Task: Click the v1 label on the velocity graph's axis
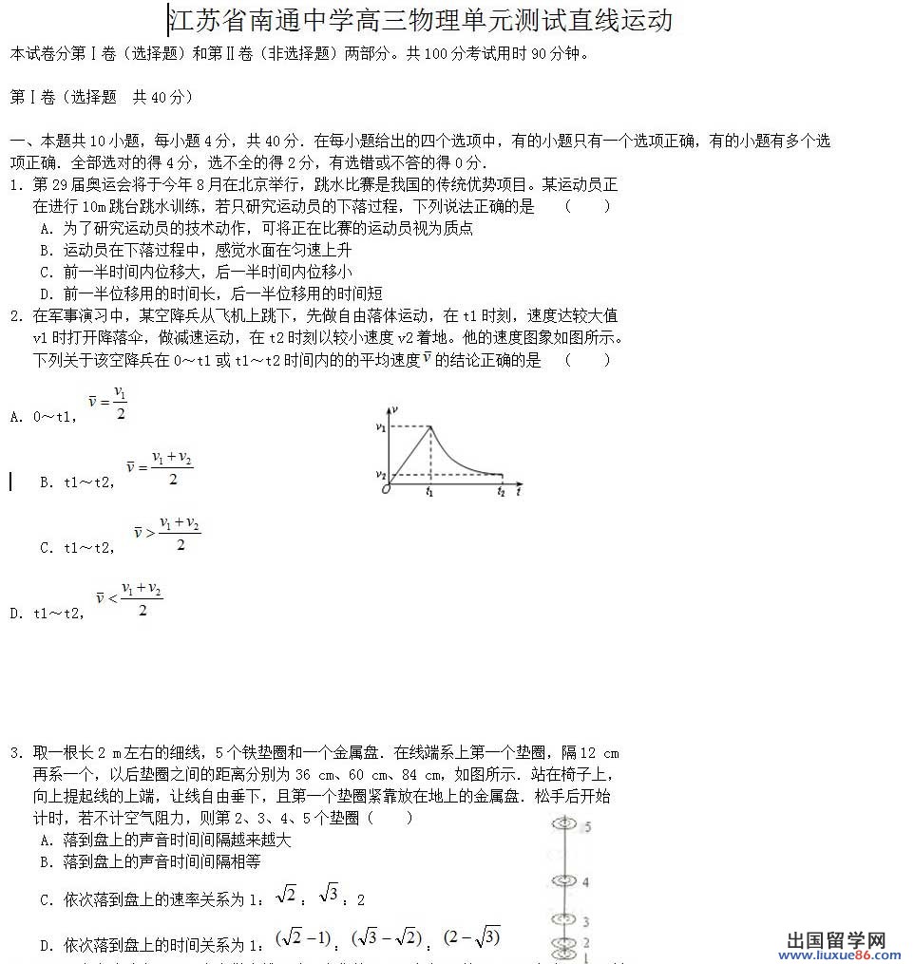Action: [x=380, y=427]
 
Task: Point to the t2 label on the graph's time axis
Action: [x=501, y=491]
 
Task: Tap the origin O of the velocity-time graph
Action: [x=386, y=489]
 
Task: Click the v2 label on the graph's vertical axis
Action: [x=380, y=473]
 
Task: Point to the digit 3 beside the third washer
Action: [x=586, y=921]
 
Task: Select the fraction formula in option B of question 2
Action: [x=159, y=468]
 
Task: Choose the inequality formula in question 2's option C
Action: [x=166, y=534]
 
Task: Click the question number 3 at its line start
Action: [x=15, y=753]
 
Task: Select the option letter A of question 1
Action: [x=46, y=229]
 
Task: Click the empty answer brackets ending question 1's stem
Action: [x=586, y=206]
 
